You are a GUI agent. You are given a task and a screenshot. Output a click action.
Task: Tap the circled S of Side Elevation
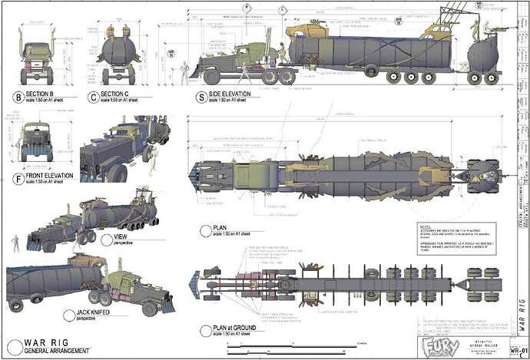click(x=201, y=97)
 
